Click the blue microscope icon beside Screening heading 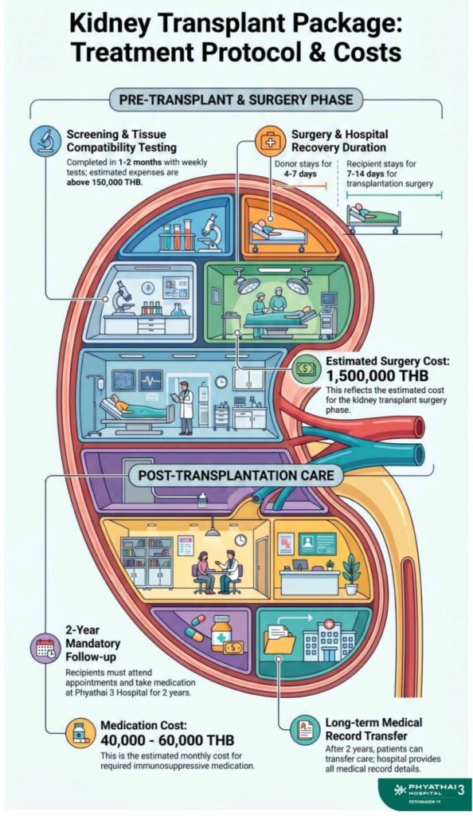[x=42, y=140]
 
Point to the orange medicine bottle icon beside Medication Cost [x=80, y=733]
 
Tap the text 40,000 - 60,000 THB [x=167, y=739]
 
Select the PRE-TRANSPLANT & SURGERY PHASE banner [x=236, y=100]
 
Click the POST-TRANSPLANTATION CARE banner [x=236, y=475]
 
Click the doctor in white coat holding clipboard [x=184, y=407]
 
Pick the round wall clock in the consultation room [x=240, y=539]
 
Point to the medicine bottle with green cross [x=221, y=633]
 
